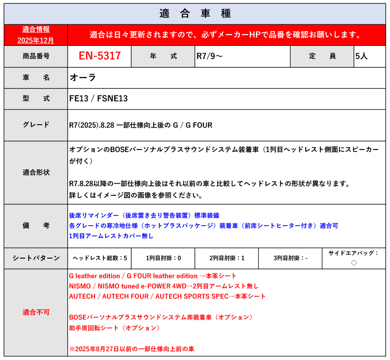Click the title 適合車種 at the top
pos(195,13)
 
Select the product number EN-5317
pos(100,56)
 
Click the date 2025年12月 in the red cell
pos(36,40)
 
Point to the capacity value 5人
pos(362,56)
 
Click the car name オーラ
pos(83,77)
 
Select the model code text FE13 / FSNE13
pos(98,98)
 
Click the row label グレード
pos(36,125)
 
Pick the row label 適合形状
pos(36,172)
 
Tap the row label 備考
pos(36,226)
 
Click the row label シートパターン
pos(36,258)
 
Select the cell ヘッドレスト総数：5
pos(99,258)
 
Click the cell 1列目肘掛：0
pos(163,258)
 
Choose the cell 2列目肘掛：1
pos(227,258)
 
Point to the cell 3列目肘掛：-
pos(290,258)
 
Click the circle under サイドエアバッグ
pos(354,263)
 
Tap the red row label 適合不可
pos(36,312)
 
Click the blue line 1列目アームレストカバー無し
pos(111,236)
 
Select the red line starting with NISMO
pos(164,286)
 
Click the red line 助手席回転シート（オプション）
pos(115,328)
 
